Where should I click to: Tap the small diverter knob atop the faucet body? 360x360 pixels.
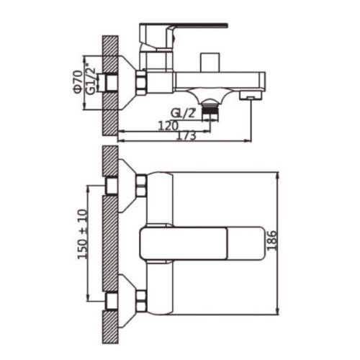[210, 62]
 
